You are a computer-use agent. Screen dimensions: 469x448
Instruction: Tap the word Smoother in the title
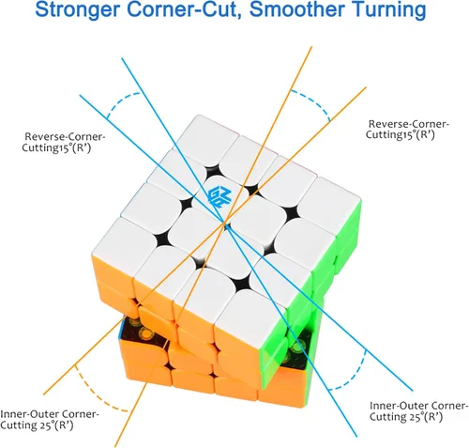(x=296, y=9)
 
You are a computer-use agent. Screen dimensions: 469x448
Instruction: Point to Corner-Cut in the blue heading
(x=184, y=10)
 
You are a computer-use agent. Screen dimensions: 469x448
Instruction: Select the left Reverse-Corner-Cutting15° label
(x=64, y=142)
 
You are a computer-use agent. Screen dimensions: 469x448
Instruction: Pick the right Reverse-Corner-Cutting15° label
(x=407, y=129)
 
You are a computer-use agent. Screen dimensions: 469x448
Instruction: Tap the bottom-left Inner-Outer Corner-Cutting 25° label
(x=50, y=420)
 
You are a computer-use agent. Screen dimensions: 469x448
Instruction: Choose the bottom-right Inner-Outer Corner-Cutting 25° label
(x=419, y=410)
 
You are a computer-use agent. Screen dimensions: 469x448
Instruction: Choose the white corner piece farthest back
(x=208, y=131)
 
